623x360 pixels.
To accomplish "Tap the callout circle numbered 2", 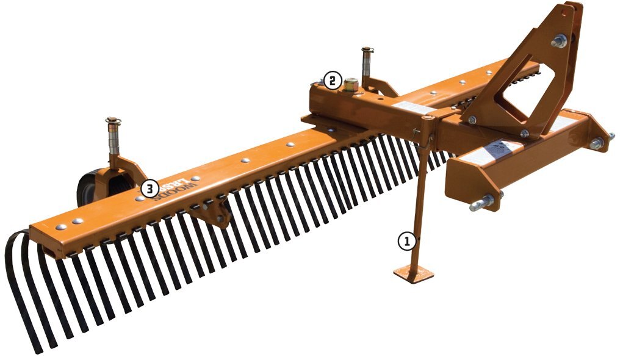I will (x=332, y=80).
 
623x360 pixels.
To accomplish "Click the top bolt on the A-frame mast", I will (x=558, y=41).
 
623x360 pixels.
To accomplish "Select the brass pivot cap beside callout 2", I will (x=351, y=84).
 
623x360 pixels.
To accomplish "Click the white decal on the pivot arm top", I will (x=406, y=108).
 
